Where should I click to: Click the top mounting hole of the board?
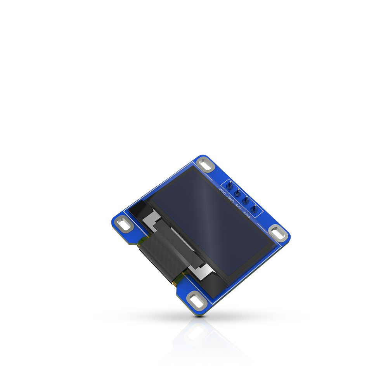click(x=207, y=165)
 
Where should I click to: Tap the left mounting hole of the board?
click(x=124, y=224)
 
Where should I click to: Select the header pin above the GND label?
click(x=237, y=193)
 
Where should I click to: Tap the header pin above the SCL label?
click(x=246, y=201)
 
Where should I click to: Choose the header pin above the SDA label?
click(x=254, y=209)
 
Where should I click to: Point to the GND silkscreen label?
click(x=230, y=199)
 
